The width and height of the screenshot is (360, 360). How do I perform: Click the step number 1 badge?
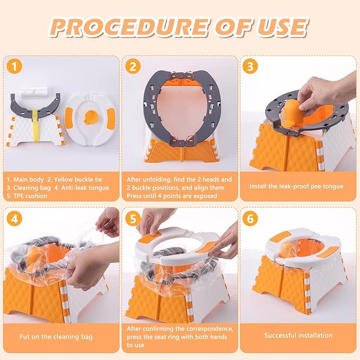tap(14, 67)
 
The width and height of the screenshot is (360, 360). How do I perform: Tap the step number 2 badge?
tap(133, 67)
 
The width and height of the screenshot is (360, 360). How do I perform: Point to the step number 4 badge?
tap(14, 218)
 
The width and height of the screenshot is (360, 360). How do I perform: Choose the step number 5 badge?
tap(133, 218)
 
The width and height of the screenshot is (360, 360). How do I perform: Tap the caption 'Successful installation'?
tap(298, 335)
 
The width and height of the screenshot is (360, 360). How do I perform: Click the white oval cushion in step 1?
tap(87, 114)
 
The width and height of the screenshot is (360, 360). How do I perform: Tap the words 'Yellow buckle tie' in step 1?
tap(84, 179)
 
